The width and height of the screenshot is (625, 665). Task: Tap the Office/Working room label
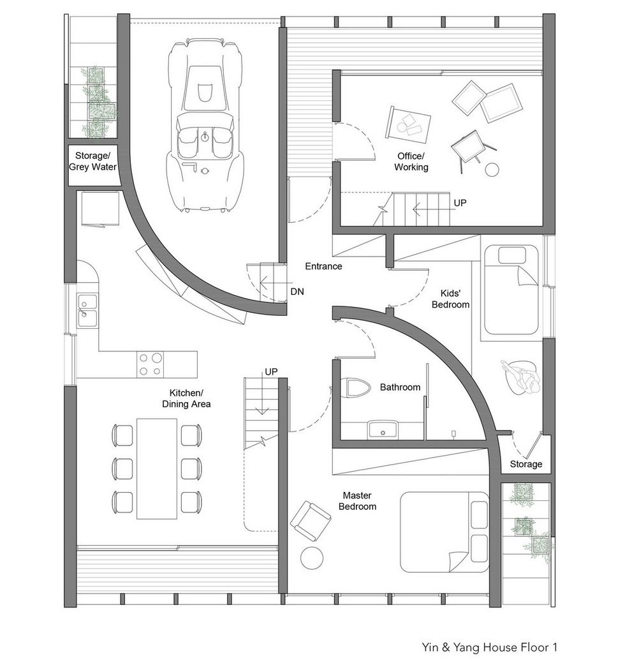click(411, 161)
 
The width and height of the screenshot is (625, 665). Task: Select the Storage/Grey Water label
click(93, 161)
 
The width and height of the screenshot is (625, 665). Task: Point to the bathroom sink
click(382, 430)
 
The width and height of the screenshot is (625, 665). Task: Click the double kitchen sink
click(87, 311)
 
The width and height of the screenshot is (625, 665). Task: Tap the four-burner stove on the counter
click(151, 364)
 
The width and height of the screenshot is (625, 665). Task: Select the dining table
click(157, 468)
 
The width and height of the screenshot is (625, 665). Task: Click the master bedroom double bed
click(445, 532)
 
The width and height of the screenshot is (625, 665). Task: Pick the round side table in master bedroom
click(312, 558)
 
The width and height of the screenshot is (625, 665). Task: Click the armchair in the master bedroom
click(311, 521)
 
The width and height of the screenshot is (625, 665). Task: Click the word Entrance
click(323, 266)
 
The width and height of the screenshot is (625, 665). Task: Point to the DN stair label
click(297, 292)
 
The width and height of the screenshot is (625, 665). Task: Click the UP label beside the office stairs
click(460, 203)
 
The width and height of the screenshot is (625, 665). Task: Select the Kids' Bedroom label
click(450, 299)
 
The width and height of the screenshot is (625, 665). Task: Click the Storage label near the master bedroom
click(526, 464)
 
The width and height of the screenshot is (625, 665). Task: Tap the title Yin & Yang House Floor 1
click(489, 647)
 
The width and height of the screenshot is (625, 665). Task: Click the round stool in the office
click(492, 170)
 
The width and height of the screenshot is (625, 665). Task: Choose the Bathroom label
click(400, 387)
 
